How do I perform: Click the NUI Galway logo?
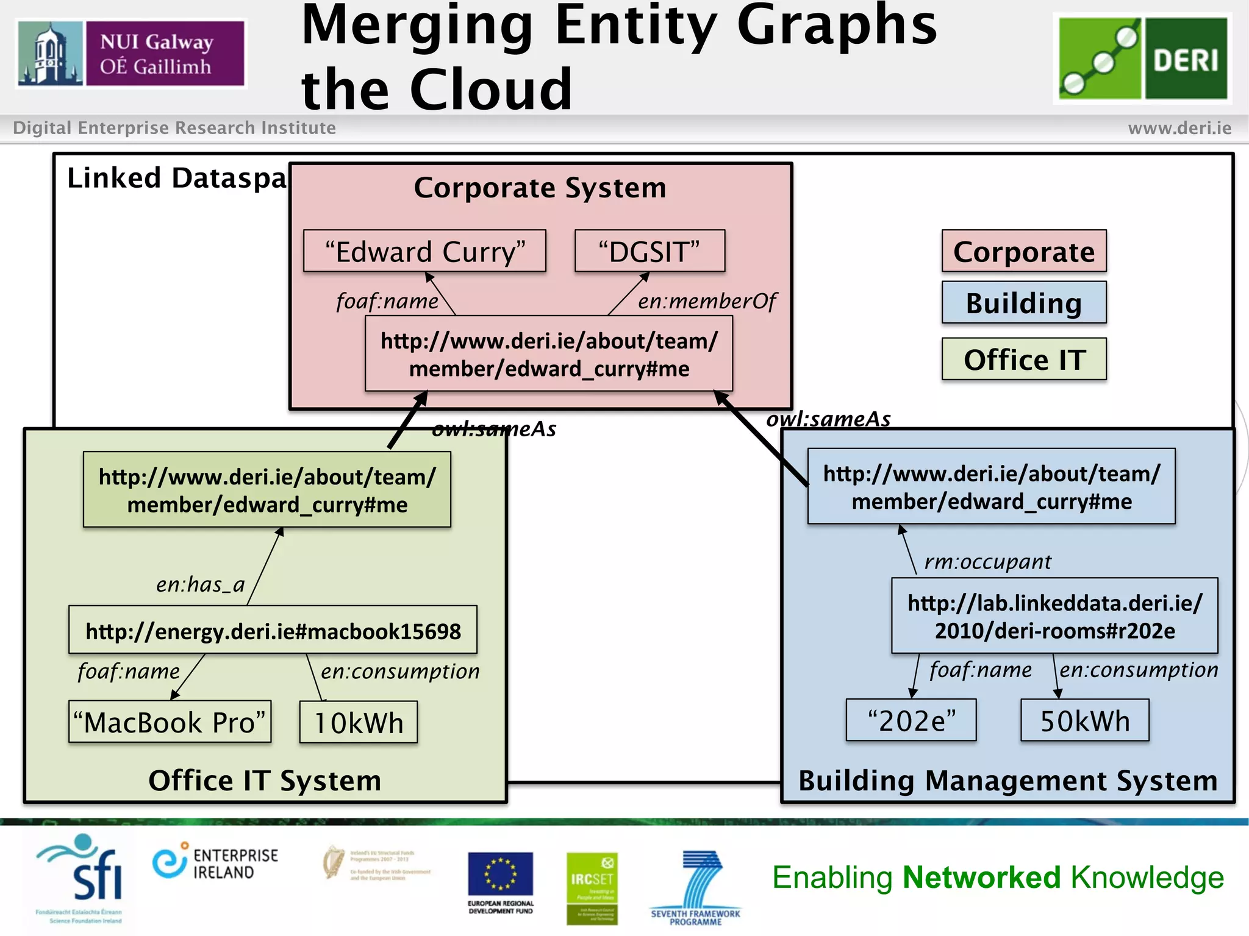pos(131,54)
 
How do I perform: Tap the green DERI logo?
pos(1142,58)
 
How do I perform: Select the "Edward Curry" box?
pos(424,251)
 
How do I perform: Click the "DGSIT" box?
pos(650,251)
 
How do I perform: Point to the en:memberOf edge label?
pos(707,301)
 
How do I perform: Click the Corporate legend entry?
pos(1023,251)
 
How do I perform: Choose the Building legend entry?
pos(1023,303)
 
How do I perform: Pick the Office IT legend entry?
pos(1023,360)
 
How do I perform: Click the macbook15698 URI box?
pos(273,631)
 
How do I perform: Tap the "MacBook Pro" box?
pos(170,722)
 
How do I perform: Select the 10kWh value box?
pos(359,723)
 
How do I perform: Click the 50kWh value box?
pos(1084,721)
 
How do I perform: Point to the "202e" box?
pos(911,721)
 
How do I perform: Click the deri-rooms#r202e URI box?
pos(1054,616)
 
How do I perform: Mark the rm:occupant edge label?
pos(987,561)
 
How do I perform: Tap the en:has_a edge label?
pos(200,584)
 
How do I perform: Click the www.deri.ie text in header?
pos(1179,128)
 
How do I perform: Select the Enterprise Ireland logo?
pos(215,863)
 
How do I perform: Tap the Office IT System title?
pos(265,781)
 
